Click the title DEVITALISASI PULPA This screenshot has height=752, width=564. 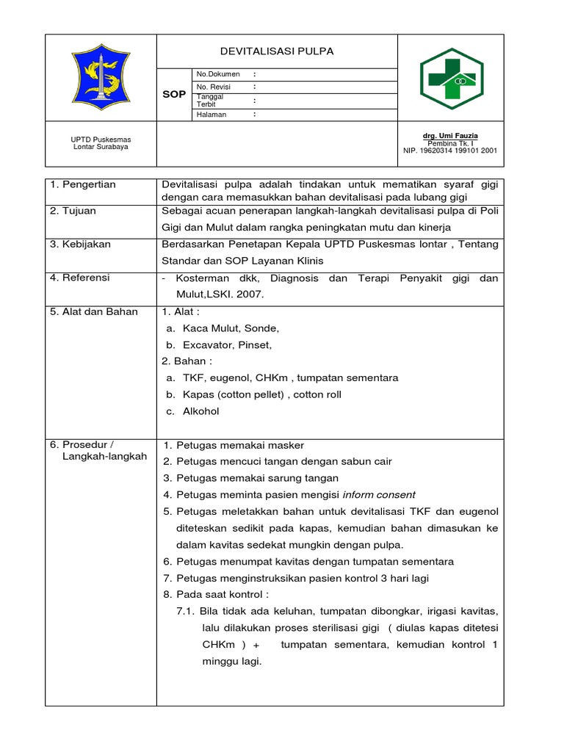tap(277, 51)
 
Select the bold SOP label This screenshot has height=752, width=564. tap(174, 95)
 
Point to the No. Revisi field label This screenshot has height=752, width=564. tap(212, 87)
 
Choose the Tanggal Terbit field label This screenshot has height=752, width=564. tap(209, 100)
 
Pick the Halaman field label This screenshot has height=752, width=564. tap(211, 115)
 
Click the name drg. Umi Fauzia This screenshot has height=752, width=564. tap(450, 136)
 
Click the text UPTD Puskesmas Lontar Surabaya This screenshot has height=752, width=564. tap(101, 142)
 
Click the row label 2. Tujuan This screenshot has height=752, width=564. tap(73, 211)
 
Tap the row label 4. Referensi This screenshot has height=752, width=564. tap(80, 278)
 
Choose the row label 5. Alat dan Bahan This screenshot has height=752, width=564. tap(94, 311)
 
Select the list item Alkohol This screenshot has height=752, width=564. tap(200, 411)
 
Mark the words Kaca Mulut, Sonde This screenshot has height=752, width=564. tap(231, 328)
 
